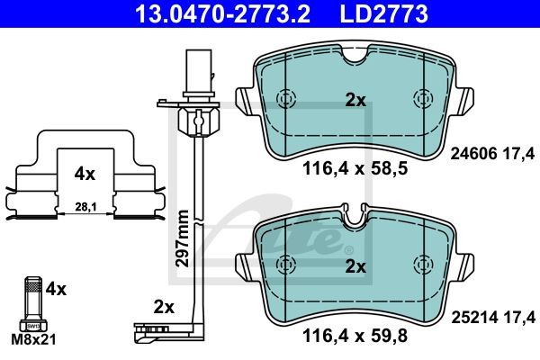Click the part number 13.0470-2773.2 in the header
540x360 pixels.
pos(222,13)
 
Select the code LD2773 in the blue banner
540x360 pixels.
pos(384,13)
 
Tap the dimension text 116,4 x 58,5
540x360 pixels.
pos(355,169)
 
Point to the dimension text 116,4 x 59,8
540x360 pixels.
pos(355,335)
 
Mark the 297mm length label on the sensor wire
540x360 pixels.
pos(182,238)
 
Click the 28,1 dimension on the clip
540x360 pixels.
pos(85,207)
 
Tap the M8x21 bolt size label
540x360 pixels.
pos(33,340)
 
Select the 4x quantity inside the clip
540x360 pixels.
pos(85,175)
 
